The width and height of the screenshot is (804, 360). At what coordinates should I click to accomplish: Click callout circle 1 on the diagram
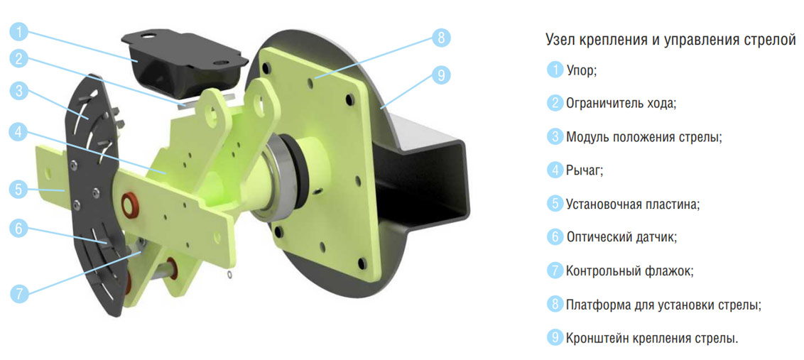coord(18,33)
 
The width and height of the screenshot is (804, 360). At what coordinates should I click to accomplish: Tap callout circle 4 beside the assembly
coord(18,133)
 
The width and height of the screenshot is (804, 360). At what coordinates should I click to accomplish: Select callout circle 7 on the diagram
coord(18,294)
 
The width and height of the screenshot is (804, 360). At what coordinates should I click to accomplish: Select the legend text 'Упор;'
coord(582,70)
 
